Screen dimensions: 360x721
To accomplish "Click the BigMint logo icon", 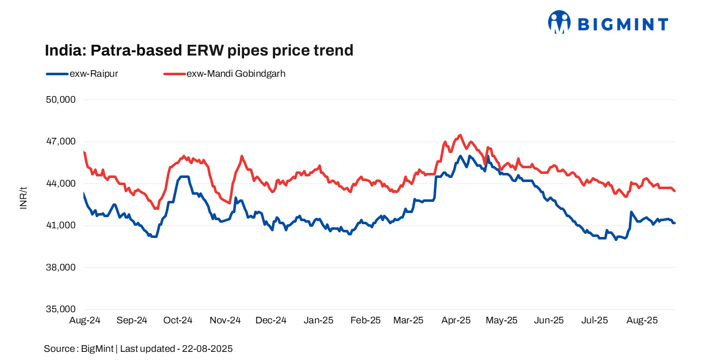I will (x=559, y=22).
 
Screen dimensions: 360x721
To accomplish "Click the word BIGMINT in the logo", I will (x=623, y=24).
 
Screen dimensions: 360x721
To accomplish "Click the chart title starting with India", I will (x=199, y=50).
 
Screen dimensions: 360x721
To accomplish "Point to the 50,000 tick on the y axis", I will (x=61, y=100).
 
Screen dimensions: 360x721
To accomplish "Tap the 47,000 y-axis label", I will (x=61, y=141).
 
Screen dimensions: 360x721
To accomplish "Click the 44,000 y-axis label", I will (x=61, y=184).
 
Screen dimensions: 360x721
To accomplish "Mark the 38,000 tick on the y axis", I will (x=61, y=267).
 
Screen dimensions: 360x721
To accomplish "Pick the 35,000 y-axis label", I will (x=61, y=309).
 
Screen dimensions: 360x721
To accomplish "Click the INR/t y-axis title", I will (x=23, y=198).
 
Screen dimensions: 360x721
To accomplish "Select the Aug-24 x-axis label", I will (x=84, y=320).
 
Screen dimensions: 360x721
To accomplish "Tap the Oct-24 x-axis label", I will (x=178, y=320).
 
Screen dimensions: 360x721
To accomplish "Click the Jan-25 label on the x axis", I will (x=318, y=320).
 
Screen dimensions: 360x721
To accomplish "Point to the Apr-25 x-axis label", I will (x=456, y=320).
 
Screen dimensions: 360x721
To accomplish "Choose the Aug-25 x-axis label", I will (x=643, y=320).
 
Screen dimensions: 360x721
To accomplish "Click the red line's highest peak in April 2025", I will (x=460, y=135).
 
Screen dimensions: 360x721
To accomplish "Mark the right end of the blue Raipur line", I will (x=674, y=223).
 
